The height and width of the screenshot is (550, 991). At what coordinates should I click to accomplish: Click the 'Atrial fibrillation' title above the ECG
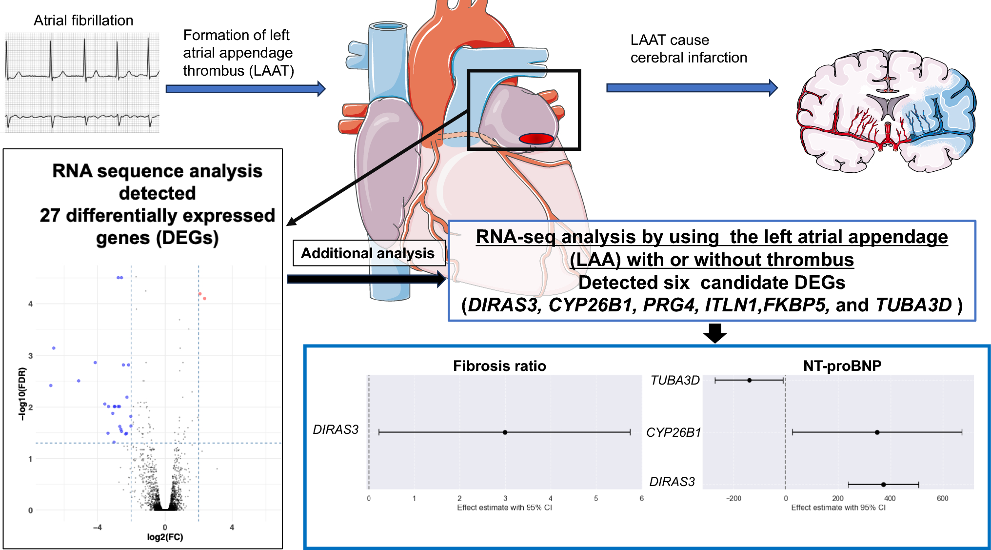coord(83,20)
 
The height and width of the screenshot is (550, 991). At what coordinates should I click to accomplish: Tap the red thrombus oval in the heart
coord(536,139)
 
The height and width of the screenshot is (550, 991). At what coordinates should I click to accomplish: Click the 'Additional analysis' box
coord(368,253)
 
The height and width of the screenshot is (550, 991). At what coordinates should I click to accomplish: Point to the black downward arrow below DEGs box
coord(715,333)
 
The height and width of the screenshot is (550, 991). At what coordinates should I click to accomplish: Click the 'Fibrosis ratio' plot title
coord(499,366)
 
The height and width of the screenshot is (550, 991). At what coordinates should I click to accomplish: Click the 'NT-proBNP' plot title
coord(842,366)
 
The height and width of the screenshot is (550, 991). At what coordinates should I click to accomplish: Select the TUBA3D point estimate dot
coord(750,380)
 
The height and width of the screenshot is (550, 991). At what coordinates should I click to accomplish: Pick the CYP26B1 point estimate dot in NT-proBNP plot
coord(877,432)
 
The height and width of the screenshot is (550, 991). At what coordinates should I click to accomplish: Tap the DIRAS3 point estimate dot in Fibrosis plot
coord(505,432)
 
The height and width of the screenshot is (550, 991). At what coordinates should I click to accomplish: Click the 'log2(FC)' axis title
coord(165,537)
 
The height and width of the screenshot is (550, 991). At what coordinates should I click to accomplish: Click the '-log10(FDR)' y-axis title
coord(22,394)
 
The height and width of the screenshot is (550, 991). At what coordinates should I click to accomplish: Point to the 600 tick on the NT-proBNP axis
coord(942,498)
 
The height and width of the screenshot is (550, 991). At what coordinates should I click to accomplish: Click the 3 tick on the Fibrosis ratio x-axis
coord(505,498)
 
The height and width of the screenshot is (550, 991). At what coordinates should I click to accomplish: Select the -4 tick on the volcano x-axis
coord(98,527)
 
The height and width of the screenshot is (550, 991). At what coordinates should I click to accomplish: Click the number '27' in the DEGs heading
coord(50,216)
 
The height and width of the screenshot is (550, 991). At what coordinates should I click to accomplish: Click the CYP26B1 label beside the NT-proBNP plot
coord(674,432)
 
